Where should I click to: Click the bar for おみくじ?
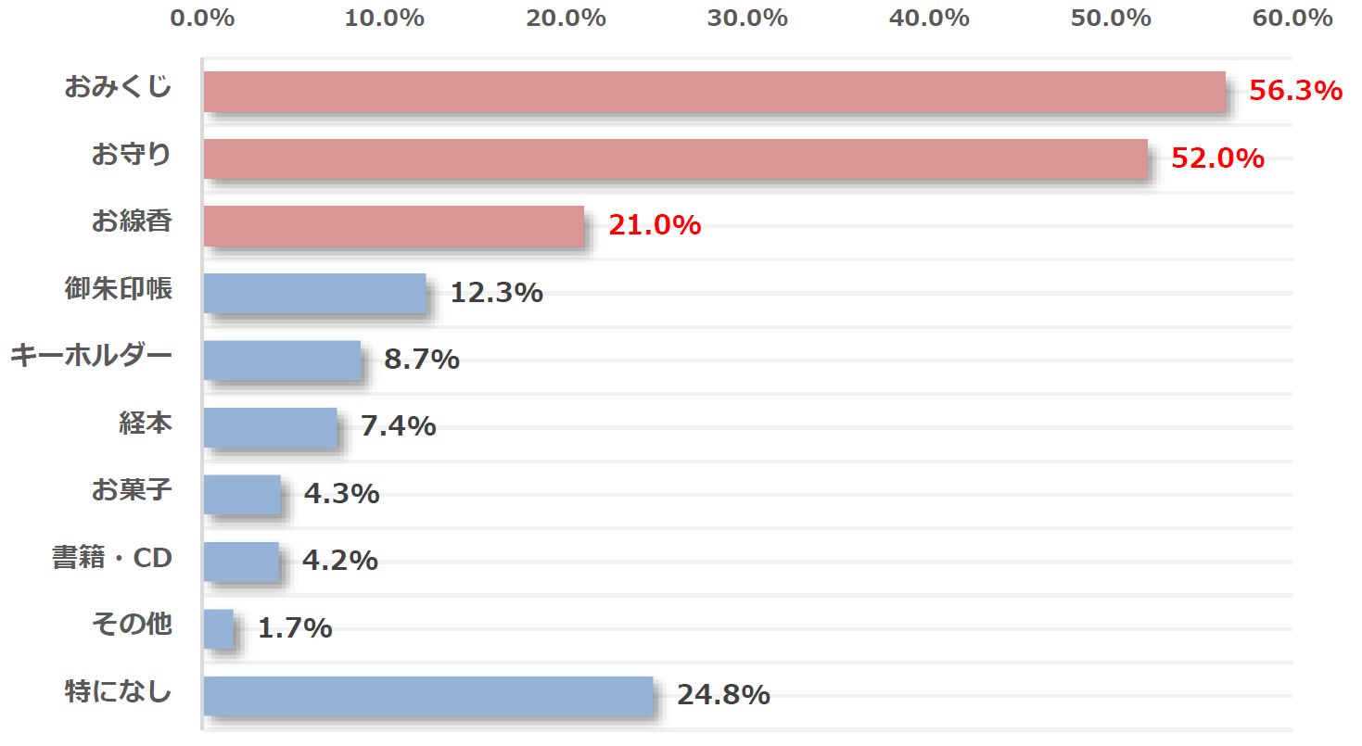click(714, 92)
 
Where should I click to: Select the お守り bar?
click(675, 158)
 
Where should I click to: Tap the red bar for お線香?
click(394, 226)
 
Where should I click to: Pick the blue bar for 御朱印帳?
click(314, 293)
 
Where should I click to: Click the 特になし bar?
click(428, 696)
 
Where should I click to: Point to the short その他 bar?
click(219, 628)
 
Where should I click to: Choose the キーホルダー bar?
click(282, 360)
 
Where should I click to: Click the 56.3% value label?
click(1295, 91)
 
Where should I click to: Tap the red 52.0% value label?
click(1217, 158)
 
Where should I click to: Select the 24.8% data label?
click(723, 695)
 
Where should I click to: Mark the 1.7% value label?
click(295, 628)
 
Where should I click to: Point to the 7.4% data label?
click(398, 426)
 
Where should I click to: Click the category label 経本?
click(146, 424)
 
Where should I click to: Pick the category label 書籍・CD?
click(112, 558)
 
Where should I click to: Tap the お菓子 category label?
click(132, 490)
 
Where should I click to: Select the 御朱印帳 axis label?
click(119, 289)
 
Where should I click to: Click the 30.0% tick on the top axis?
click(747, 18)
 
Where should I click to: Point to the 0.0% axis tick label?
click(203, 18)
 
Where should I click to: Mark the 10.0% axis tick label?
click(384, 18)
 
